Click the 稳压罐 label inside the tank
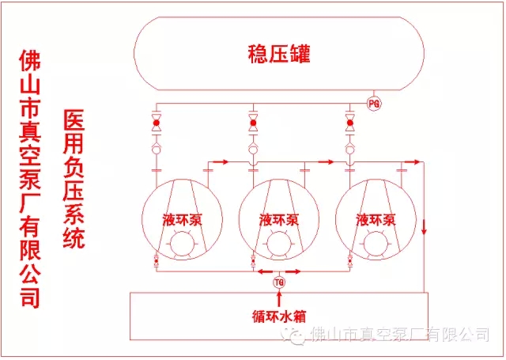click(278, 55)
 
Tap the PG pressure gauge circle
click(374, 102)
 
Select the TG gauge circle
click(279, 282)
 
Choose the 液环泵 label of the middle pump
click(278, 219)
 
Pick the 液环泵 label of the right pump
click(375, 219)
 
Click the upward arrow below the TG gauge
click(279, 297)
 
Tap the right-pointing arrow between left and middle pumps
click(222, 162)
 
